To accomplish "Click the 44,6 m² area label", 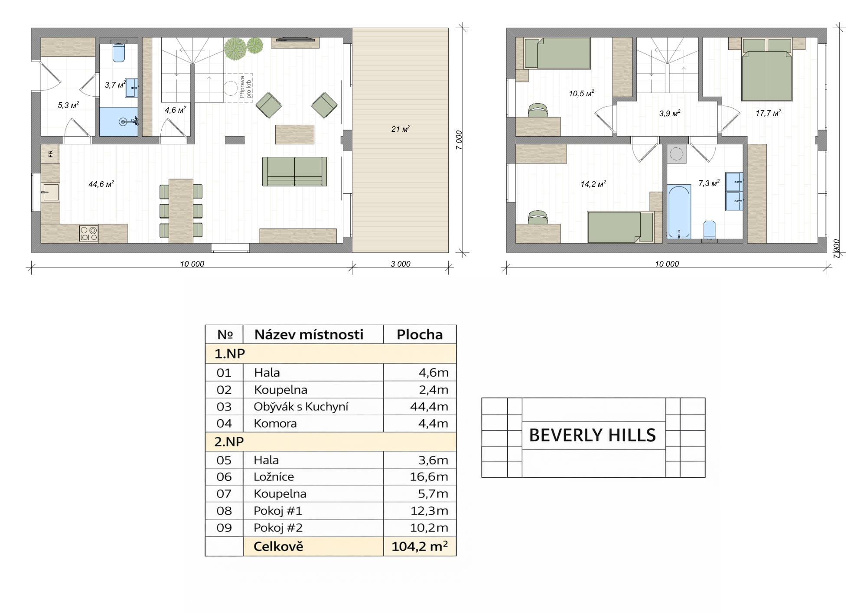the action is [101, 184].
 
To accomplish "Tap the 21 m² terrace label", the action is [401, 129].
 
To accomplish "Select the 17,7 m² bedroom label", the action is [768, 113].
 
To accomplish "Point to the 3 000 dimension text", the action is [401, 264].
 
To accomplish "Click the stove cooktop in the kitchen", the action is [89, 233].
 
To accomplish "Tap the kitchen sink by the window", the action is [50, 192].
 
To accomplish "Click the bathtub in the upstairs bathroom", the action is [679, 212].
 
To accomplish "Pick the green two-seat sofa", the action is [294, 172].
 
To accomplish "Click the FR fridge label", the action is [50, 153].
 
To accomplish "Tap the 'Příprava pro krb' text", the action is [245, 87].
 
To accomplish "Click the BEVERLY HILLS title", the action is [593, 435].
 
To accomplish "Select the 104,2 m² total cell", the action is [420, 547].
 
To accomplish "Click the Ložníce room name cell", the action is [274, 477].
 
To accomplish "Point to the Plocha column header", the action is [420, 335].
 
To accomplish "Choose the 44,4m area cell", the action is [429, 407].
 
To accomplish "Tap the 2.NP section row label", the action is [229, 442].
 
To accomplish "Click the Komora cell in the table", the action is [275, 424].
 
